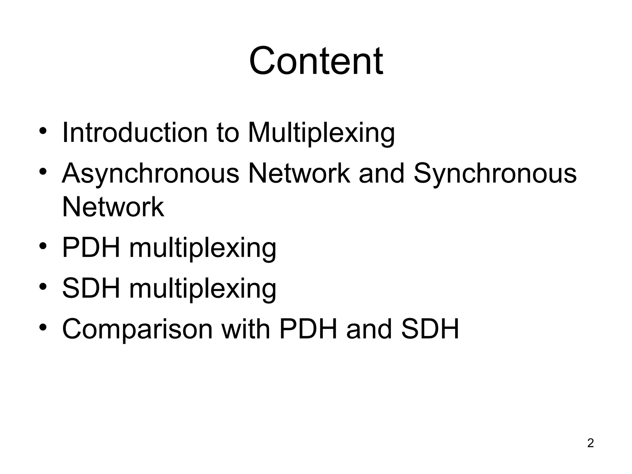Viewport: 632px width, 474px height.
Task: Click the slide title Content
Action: [x=316, y=61]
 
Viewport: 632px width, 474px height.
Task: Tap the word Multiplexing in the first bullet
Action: [x=321, y=133]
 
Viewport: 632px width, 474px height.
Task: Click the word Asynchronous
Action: [x=151, y=173]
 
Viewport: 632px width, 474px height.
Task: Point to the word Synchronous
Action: [x=495, y=173]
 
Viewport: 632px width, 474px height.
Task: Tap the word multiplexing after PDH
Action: [x=203, y=248]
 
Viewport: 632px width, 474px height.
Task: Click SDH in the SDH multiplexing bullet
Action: [x=91, y=288]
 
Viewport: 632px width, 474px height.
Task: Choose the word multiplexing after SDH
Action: [x=203, y=289]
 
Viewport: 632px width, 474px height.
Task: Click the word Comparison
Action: [x=137, y=329]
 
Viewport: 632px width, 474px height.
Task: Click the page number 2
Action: [x=590, y=443]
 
